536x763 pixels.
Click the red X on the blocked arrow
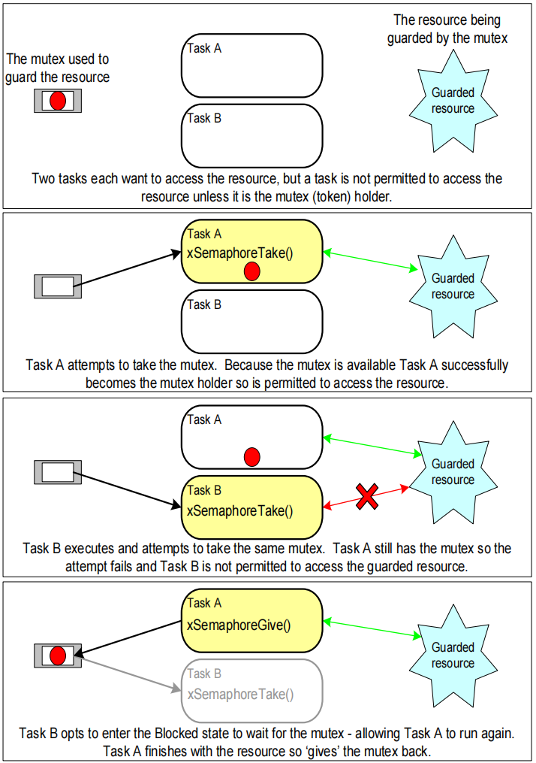tap(366, 496)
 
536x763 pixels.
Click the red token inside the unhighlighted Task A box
tap(252, 456)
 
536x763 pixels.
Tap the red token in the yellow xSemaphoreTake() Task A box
tap(252, 271)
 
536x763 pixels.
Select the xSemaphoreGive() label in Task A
tap(238, 623)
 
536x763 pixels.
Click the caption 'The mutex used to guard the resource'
tap(57, 68)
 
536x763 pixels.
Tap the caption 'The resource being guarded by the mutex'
tap(447, 28)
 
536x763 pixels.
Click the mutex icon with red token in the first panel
tap(57, 100)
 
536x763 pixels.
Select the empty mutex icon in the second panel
tap(57, 286)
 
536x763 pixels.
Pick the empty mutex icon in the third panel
tap(57, 472)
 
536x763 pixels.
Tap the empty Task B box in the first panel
tap(251, 135)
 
